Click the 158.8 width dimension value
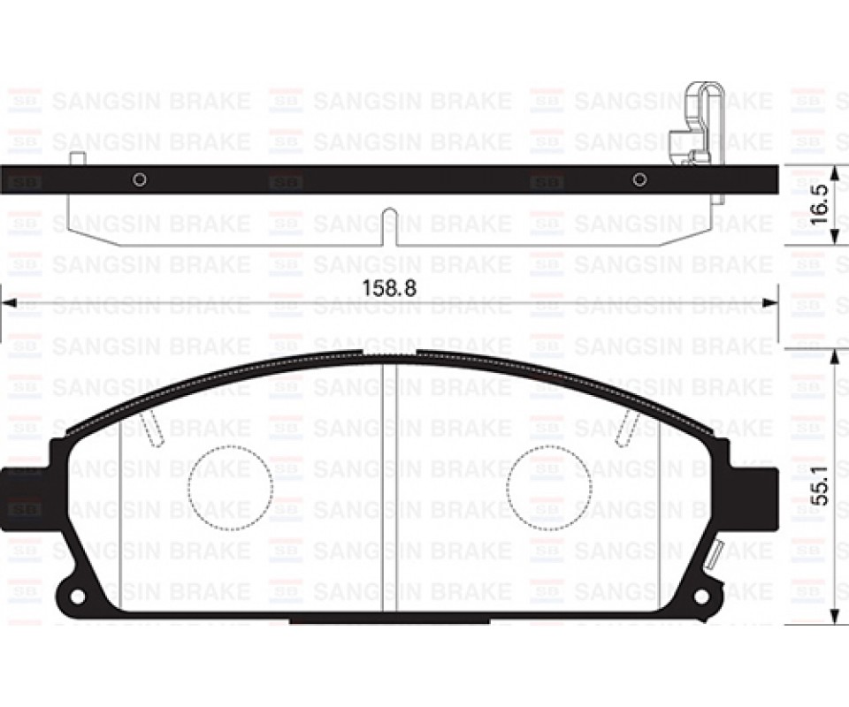(x=389, y=288)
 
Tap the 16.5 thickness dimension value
(x=821, y=205)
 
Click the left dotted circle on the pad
(x=231, y=487)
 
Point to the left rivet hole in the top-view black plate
(x=140, y=179)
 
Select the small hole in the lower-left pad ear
(x=78, y=595)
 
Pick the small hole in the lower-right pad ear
(x=702, y=595)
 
